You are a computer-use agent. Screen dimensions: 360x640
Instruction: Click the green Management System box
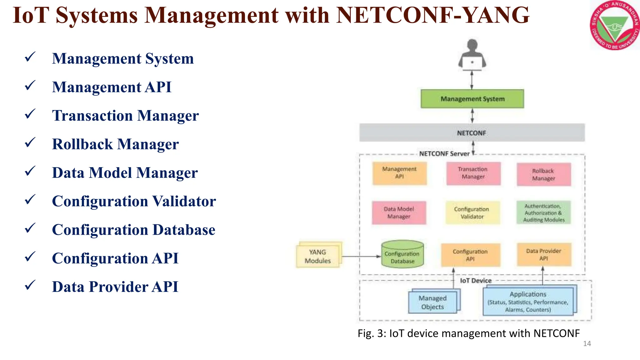click(472, 99)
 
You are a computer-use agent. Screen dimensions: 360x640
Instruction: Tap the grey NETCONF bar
click(472, 133)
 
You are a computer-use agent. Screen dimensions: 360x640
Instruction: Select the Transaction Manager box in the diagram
click(473, 173)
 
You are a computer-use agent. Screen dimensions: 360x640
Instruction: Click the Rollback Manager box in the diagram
click(543, 174)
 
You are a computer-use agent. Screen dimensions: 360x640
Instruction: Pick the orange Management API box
click(399, 173)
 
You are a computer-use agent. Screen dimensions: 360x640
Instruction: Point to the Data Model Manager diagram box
click(399, 212)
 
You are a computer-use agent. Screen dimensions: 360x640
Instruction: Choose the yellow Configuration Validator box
click(472, 212)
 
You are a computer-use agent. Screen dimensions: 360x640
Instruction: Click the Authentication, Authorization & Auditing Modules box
click(543, 212)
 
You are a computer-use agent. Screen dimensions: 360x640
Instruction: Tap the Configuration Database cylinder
click(402, 254)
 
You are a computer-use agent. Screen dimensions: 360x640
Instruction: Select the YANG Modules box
click(318, 256)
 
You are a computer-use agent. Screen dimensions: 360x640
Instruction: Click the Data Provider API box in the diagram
click(543, 254)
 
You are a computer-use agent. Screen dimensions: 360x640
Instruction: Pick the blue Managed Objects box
click(433, 302)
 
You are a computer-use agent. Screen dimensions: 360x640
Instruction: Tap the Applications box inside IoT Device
click(528, 302)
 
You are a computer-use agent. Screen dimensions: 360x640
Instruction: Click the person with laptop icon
click(472, 55)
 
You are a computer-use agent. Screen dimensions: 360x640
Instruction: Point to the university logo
click(614, 25)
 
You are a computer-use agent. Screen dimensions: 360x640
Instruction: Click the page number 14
click(587, 344)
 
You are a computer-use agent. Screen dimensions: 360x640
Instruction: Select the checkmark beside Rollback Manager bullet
click(30, 143)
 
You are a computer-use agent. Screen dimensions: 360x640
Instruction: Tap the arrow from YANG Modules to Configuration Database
click(361, 257)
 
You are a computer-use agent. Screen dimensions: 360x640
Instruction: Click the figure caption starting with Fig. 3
click(468, 333)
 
